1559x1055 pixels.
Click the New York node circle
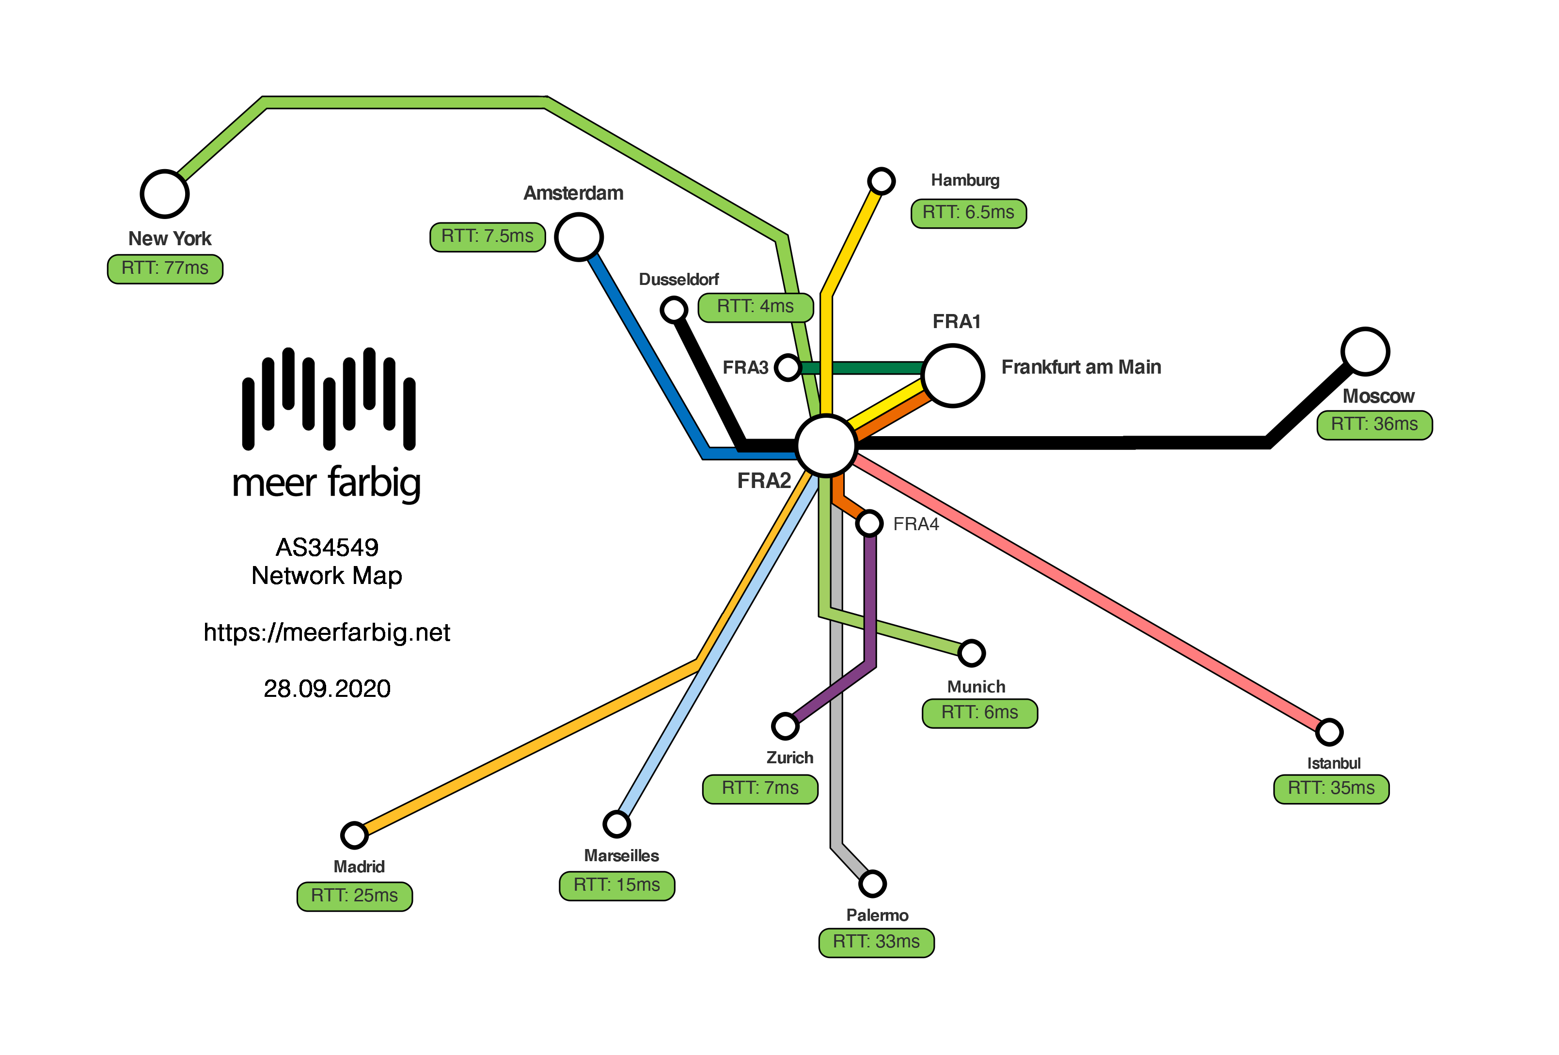pos(164,194)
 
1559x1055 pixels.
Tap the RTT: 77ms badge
pos(165,269)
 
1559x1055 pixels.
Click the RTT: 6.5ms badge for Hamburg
pos(968,213)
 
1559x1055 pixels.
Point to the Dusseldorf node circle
pos(674,309)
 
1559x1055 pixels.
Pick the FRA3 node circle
pos(787,367)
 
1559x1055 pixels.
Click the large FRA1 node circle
pos(953,376)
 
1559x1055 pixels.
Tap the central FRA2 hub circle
pos(826,445)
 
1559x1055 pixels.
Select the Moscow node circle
pos(1365,351)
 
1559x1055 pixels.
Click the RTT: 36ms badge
pos(1374,425)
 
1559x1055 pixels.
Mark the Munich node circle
pos(971,653)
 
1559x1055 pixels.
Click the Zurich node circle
pos(785,725)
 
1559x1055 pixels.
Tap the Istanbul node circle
pos(1329,732)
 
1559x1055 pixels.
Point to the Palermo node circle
pos(872,883)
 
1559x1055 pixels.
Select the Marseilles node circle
pos(616,824)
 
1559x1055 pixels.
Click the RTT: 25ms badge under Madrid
pos(354,896)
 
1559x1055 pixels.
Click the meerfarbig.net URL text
pos(327,632)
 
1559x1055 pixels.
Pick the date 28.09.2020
pos(327,689)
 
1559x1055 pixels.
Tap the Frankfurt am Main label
pos(1081,367)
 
